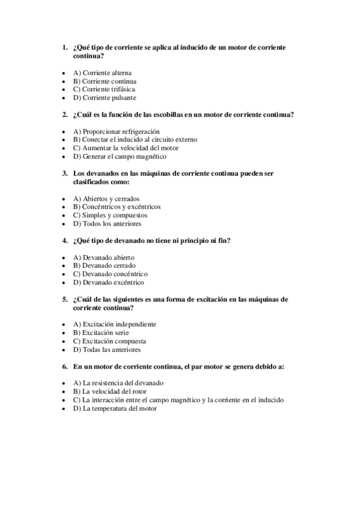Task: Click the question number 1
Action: (65, 47)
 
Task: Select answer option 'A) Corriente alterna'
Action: (102, 73)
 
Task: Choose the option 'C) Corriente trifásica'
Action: (104, 89)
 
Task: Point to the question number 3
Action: (65, 173)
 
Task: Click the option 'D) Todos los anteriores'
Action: (107, 224)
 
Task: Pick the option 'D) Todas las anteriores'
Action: (106, 349)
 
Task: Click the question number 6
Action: (65, 366)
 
